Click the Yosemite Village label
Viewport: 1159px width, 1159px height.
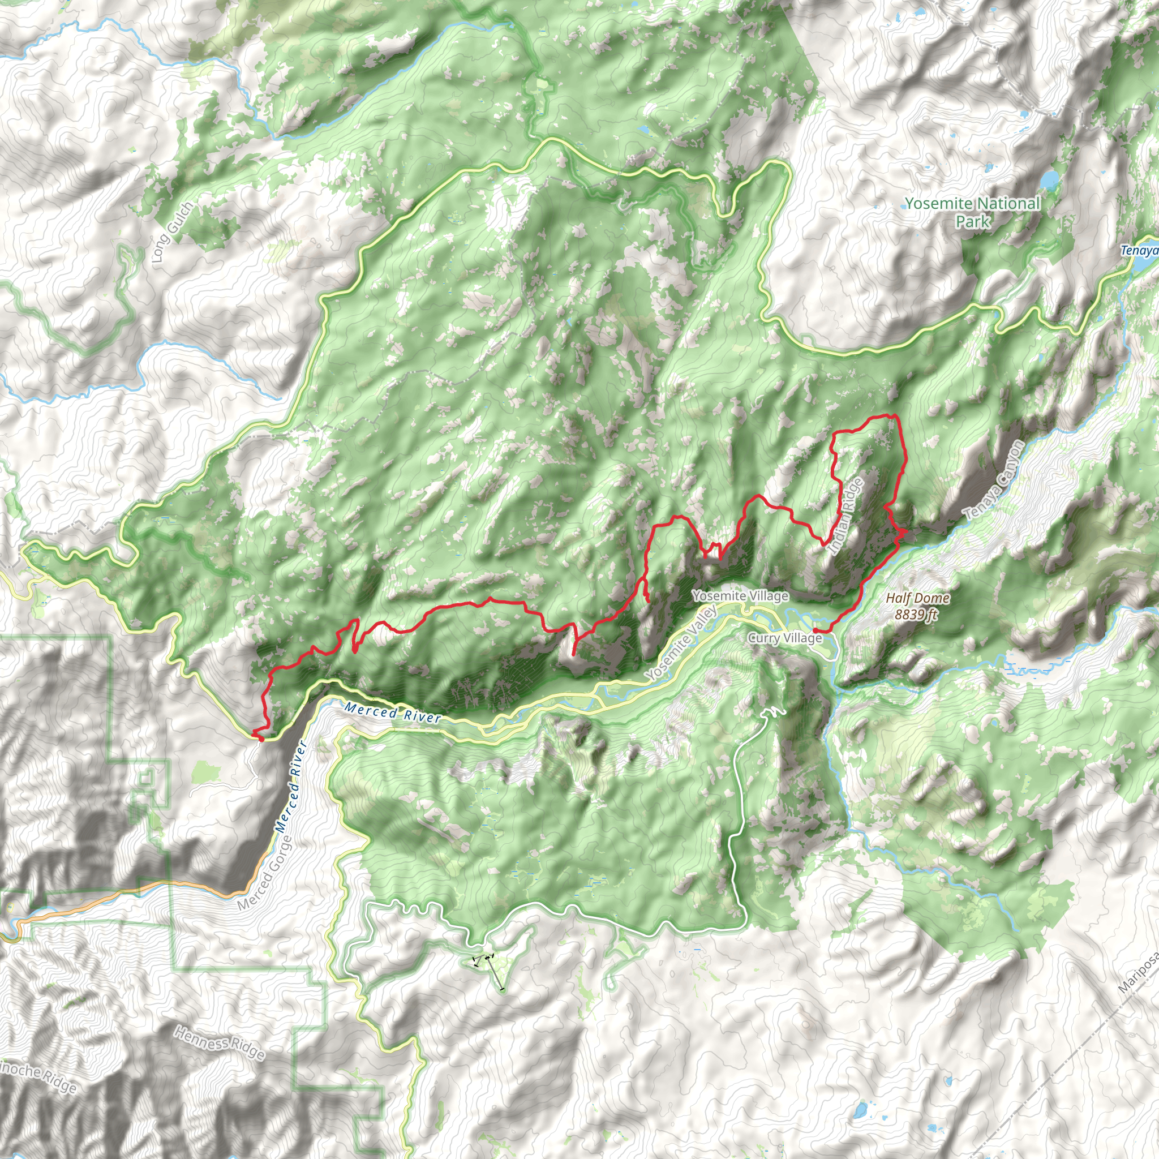pos(740,596)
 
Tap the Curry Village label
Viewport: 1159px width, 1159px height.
pos(785,638)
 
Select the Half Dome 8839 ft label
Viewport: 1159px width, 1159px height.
pos(918,606)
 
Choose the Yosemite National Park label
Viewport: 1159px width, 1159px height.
pos(972,212)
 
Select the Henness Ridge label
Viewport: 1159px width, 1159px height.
pos(219,1043)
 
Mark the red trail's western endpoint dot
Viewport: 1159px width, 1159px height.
pos(260,739)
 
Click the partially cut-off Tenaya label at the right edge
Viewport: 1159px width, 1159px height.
pos(1140,250)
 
